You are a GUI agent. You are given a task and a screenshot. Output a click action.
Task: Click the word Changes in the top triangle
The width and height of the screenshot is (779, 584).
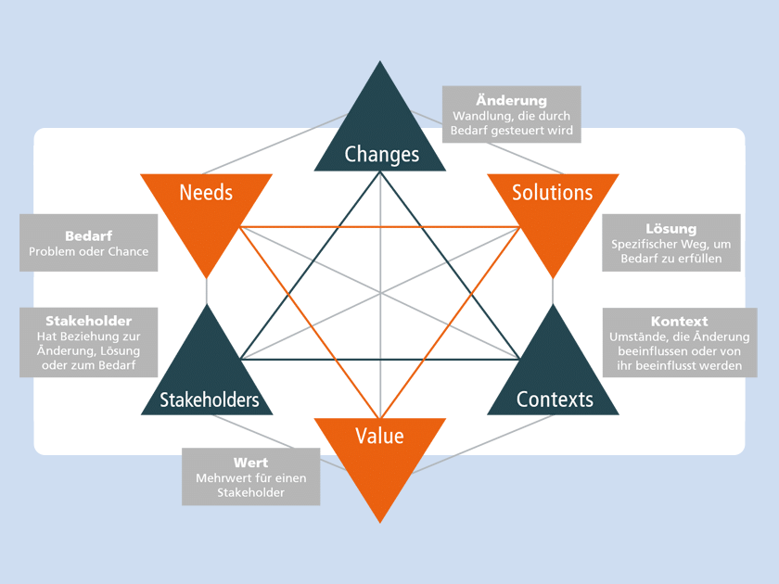pos(381,154)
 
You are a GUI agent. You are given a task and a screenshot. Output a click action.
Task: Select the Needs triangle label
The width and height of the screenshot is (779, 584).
pos(206,193)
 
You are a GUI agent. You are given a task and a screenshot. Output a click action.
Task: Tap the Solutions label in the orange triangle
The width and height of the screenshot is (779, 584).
pos(553,193)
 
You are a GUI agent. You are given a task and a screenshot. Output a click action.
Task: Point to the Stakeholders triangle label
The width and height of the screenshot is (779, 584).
pos(209,400)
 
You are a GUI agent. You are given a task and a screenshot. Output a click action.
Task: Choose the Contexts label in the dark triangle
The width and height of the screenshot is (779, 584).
pos(555,400)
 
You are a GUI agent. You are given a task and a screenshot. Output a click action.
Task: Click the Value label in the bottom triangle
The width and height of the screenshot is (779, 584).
pos(380,435)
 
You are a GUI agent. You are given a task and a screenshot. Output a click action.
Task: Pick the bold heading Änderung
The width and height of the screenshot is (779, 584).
pos(511,100)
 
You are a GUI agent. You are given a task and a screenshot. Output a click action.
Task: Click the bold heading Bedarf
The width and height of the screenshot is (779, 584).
pos(88,235)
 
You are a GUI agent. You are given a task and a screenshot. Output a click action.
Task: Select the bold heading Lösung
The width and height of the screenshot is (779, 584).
pos(670,229)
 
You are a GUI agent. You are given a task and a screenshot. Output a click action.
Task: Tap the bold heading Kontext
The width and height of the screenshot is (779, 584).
pos(679,322)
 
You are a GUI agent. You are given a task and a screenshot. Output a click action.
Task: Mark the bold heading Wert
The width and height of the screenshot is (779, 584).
pos(250,462)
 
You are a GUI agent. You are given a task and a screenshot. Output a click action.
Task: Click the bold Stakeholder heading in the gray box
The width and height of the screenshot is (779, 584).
pos(88,321)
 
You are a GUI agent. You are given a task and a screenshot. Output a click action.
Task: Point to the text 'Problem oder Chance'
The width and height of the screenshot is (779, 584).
pos(88,251)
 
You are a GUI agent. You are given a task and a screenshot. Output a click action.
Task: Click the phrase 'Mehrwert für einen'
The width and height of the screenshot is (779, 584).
pos(250,477)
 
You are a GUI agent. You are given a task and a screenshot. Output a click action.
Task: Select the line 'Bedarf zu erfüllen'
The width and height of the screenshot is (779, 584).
pos(670,259)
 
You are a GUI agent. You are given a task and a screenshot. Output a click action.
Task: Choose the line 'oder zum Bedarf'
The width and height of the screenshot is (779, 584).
pos(88,365)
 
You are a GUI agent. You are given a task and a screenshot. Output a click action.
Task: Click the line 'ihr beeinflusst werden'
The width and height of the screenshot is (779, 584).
pos(679,366)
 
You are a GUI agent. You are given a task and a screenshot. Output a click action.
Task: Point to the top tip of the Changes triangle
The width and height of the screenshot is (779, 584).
pos(380,63)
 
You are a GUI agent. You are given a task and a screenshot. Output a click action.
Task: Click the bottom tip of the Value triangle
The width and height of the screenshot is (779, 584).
pos(380,521)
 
